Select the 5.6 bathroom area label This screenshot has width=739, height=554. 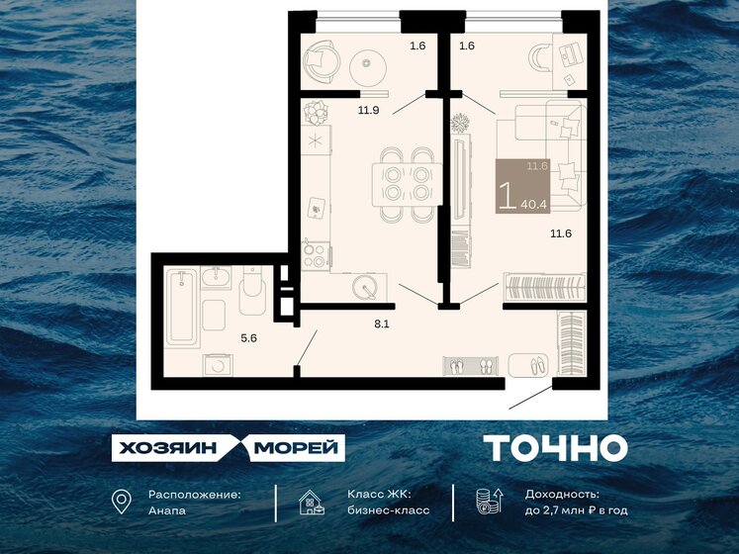click(x=250, y=336)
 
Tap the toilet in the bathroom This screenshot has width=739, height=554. click(x=251, y=294)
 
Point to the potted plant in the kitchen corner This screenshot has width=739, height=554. click(x=316, y=110)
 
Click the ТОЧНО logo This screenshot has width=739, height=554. click(x=555, y=448)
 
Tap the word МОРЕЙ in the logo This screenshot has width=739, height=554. click(x=297, y=448)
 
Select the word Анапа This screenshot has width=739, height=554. click(x=166, y=510)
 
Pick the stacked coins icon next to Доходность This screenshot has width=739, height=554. click(x=485, y=503)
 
